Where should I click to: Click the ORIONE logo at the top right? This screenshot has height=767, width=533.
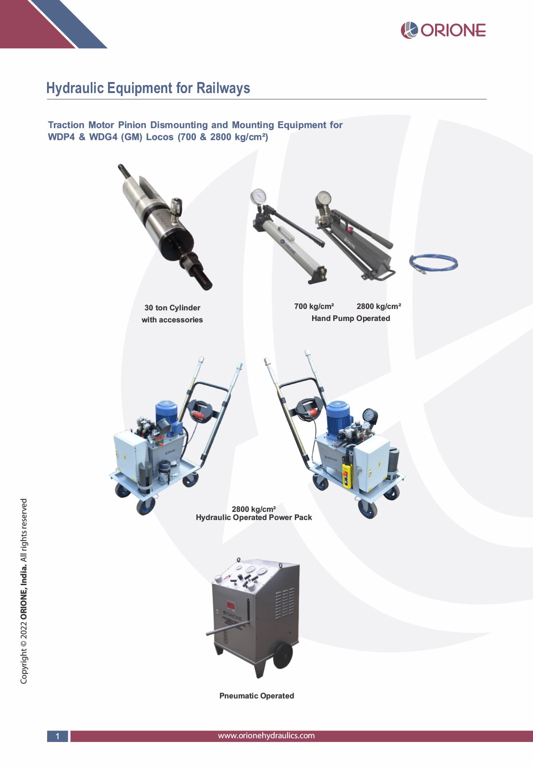(x=443, y=30)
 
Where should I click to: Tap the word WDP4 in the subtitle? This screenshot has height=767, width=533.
(x=61, y=137)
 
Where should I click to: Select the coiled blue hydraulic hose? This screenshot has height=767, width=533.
(x=433, y=262)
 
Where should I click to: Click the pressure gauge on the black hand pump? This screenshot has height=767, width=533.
(x=324, y=198)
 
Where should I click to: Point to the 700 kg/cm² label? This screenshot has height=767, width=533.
(x=314, y=306)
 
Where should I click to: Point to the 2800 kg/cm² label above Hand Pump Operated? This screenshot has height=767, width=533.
(x=378, y=306)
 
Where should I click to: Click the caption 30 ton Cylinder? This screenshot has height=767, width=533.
(x=172, y=308)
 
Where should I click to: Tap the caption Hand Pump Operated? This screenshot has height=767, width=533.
(x=351, y=319)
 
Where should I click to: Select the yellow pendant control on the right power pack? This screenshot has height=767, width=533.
(x=347, y=475)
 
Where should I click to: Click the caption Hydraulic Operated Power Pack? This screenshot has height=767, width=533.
(x=254, y=518)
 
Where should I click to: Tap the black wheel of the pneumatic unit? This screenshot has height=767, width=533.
(x=283, y=655)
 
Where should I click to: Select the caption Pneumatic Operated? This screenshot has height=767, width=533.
(x=256, y=696)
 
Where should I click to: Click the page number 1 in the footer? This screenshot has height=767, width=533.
(x=58, y=736)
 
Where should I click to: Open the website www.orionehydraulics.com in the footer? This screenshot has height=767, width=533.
(x=266, y=736)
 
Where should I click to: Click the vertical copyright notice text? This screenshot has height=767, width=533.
(x=24, y=591)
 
